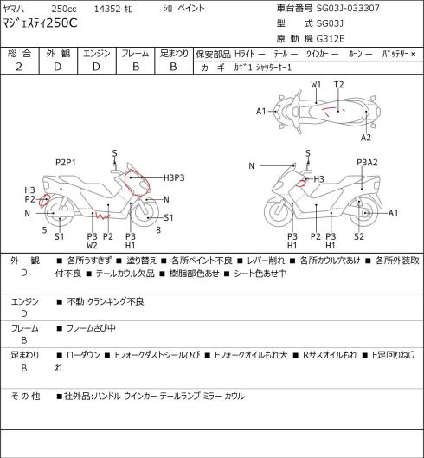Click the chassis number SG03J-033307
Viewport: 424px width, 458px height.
pos(348,8)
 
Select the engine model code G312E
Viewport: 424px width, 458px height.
pos(331,39)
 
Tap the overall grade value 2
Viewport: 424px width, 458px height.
pos(19,67)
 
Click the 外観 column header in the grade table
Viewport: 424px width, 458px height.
pos(58,53)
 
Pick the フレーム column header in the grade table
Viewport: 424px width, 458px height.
pos(135,53)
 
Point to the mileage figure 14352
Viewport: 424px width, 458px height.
pos(107,9)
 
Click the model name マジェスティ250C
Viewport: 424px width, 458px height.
pos(41,23)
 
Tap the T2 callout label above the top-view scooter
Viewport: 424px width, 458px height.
pos(338,85)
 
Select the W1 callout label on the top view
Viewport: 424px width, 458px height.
pos(316,85)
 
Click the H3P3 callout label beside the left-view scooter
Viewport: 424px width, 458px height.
pos(174,177)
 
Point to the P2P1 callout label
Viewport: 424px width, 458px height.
pos(66,163)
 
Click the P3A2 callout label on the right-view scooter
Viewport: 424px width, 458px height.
pos(367,163)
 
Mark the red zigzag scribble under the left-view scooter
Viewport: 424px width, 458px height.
pos(102,216)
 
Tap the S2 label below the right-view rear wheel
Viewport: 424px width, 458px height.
pos(359,236)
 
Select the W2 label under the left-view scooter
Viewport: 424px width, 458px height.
pos(92,246)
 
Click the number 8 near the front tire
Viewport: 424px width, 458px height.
pos(158,230)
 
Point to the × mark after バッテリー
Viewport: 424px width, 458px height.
pos(414,54)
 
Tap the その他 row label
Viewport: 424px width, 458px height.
pos(25,396)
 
